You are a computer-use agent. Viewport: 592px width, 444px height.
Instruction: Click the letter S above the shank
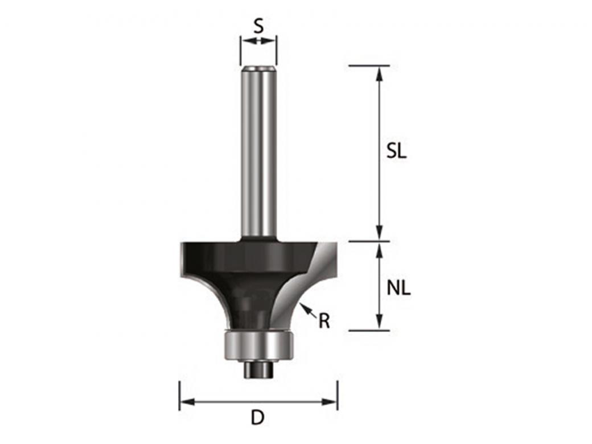(258, 26)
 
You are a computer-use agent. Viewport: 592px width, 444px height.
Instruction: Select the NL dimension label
(398, 288)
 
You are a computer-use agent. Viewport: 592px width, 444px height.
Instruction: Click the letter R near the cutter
(324, 322)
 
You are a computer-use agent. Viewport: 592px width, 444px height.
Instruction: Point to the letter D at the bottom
(258, 418)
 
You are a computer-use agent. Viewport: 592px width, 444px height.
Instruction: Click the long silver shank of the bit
(258, 154)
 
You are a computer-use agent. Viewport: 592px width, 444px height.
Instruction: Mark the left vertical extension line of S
(240, 51)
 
